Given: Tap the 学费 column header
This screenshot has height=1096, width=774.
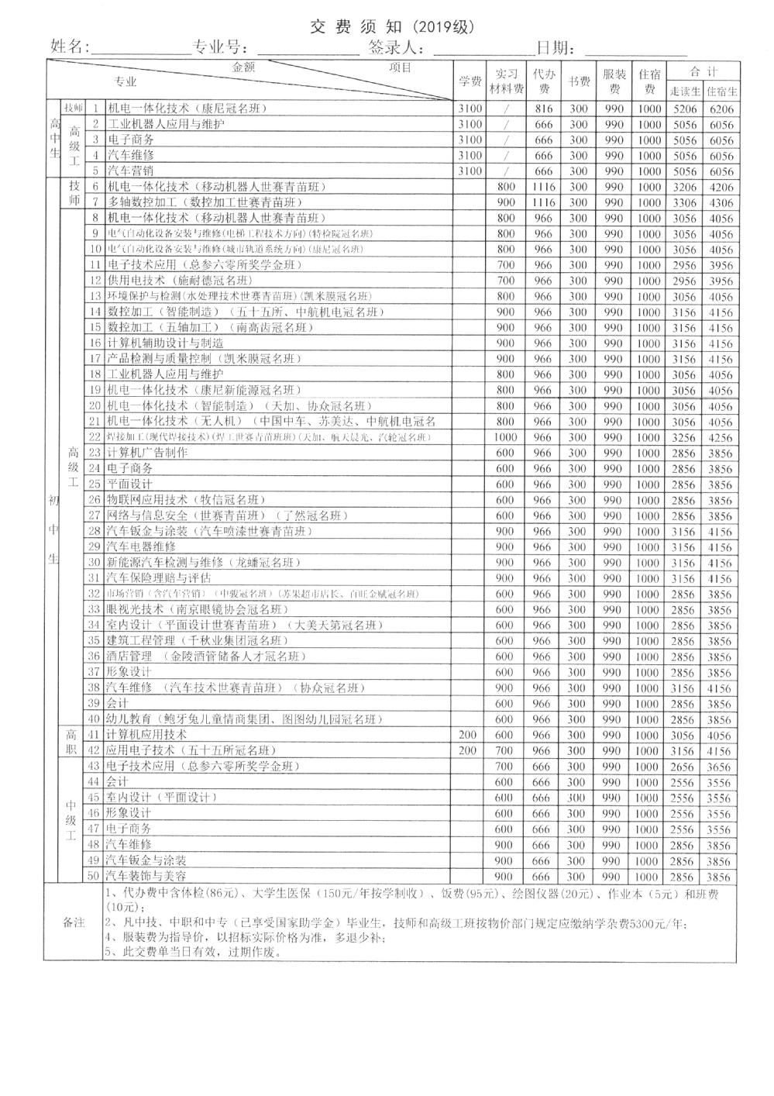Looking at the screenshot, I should click(470, 81).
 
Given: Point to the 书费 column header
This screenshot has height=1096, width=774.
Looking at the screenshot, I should click(579, 81).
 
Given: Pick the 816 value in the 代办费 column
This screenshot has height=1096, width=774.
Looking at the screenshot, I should click(544, 109).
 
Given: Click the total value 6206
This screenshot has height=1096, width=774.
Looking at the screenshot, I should click(721, 109).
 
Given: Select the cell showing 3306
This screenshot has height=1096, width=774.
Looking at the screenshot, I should click(683, 203).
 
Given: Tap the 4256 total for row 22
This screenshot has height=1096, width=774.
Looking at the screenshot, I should click(721, 438).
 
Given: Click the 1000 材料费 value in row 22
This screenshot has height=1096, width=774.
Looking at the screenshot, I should click(506, 438).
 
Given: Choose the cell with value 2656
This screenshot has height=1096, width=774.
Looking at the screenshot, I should click(683, 767).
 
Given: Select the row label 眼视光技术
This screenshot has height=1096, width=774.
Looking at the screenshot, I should click(136, 610).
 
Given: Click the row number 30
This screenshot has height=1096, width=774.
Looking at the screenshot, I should click(95, 563).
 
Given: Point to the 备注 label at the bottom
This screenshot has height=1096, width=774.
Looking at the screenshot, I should click(74, 923).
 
